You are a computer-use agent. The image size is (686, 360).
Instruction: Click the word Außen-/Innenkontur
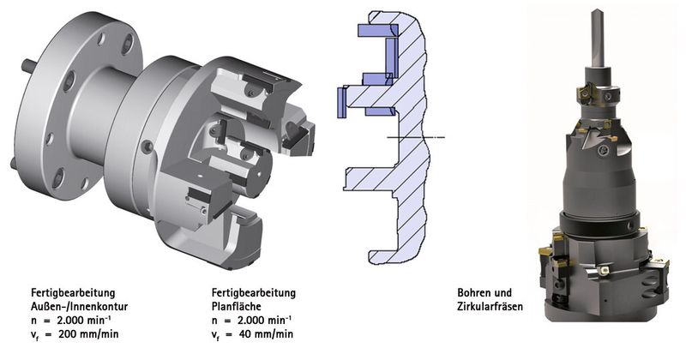pyautogui.click(x=79, y=306)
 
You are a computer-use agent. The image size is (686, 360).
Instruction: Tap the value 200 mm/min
pyautogui.click(x=88, y=334)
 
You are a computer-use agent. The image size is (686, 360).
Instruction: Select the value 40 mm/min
pyautogui.click(x=266, y=334)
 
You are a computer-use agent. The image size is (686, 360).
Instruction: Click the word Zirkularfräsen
pyautogui.click(x=490, y=306)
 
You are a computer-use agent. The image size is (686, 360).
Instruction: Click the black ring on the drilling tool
pyautogui.click(x=599, y=224)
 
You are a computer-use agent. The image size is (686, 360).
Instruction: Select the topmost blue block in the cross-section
pyautogui.click(x=377, y=30)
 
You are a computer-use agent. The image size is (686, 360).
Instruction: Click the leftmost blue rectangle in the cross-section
pyautogui.click(x=341, y=102)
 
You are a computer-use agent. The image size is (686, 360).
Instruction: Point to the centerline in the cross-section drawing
pyautogui.click(x=416, y=137)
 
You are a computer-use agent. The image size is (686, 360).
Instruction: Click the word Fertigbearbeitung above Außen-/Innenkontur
pyautogui.click(x=73, y=292)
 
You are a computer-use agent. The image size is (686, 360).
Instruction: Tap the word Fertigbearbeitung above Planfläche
pyautogui.click(x=254, y=292)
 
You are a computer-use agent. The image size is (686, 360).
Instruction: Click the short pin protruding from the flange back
pyautogui.click(x=29, y=66)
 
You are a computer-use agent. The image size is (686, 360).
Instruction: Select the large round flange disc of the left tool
pyautogui.click(x=79, y=105)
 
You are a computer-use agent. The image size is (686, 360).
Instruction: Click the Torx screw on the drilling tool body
pyautogui.click(x=603, y=152)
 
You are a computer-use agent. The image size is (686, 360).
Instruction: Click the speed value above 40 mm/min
pyautogui.click(x=263, y=320)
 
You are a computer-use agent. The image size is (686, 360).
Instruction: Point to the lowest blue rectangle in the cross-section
pyautogui.click(x=380, y=111)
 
